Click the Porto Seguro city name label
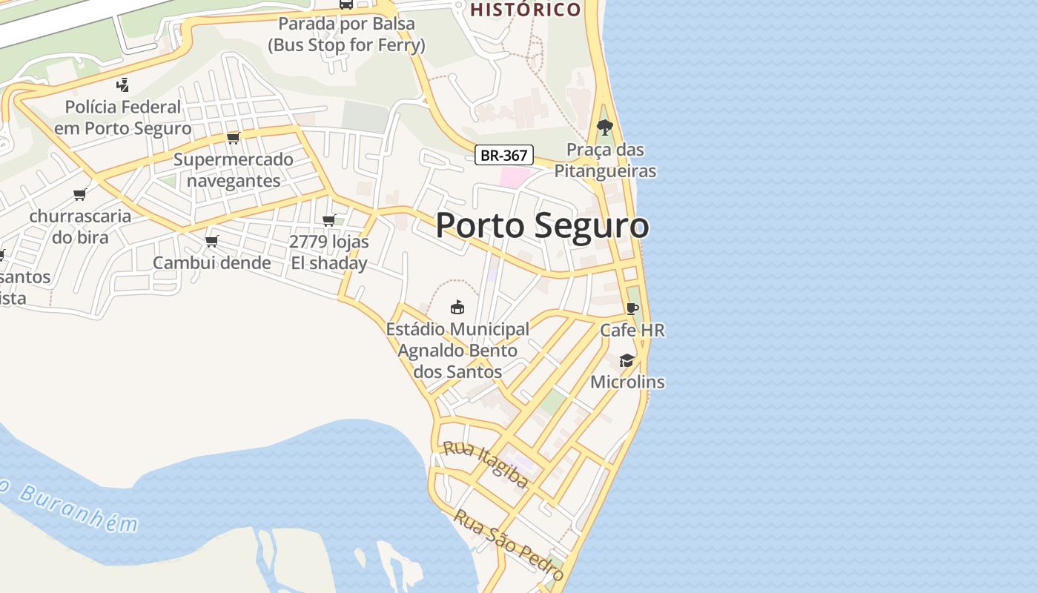pos(542,225)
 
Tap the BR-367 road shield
pos(504,155)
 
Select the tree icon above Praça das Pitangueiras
pos(605,127)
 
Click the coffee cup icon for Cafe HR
pos(632,308)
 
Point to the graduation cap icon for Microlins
pos(627,360)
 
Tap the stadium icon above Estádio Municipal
pos(457,306)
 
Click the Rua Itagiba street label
pos(486,466)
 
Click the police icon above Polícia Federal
pos(123,85)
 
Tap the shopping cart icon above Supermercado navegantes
pos(234,138)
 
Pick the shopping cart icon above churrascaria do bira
pos(80,195)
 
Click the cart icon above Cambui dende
pos(212,241)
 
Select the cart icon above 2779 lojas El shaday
pos(329,220)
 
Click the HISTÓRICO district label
pos(526,10)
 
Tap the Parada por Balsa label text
pos(346,34)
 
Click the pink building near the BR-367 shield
pos(515,177)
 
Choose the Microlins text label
pos(627,382)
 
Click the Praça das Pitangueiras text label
pos(612,160)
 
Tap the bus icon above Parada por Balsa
pos(346,4)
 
